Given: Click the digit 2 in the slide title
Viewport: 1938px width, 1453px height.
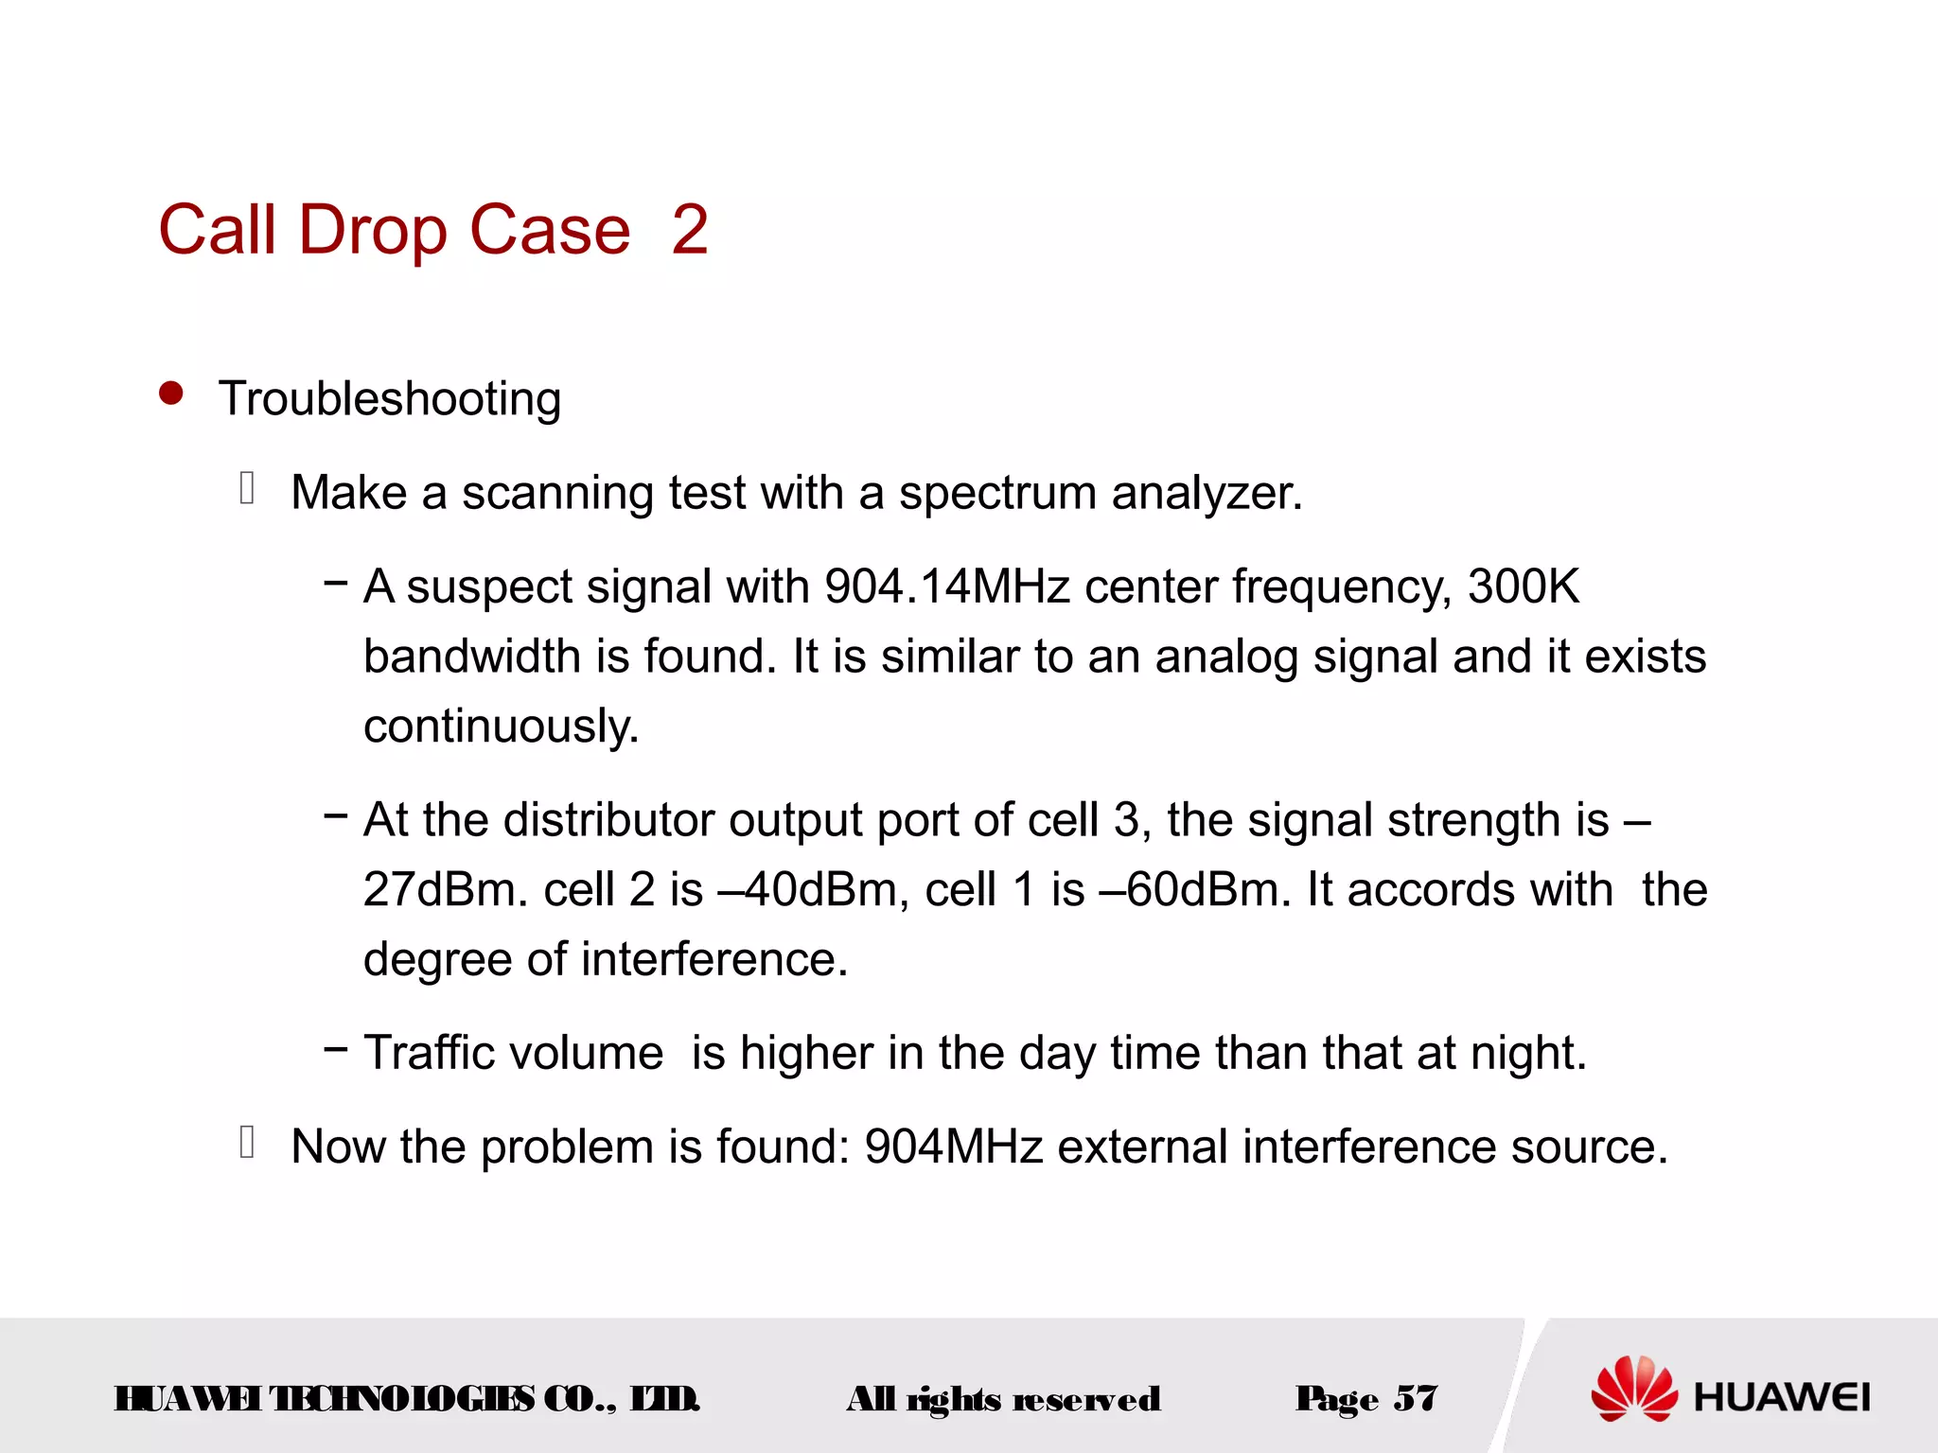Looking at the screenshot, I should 690,230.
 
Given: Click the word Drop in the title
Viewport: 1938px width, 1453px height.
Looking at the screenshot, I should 372,230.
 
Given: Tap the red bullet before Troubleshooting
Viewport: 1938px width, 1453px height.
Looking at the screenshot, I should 171,393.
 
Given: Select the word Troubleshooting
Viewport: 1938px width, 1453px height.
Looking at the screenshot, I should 390,398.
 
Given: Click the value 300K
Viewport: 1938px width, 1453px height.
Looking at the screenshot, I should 1524,586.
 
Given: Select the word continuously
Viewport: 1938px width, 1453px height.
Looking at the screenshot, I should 502,726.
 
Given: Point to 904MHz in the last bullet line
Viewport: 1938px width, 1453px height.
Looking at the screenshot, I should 953,1147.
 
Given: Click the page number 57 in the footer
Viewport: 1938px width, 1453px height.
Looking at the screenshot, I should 1416,1398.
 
